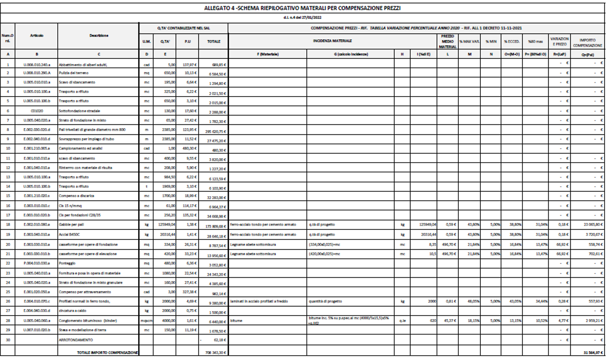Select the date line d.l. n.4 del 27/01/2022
304,16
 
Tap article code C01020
41,110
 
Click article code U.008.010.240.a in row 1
41,65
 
